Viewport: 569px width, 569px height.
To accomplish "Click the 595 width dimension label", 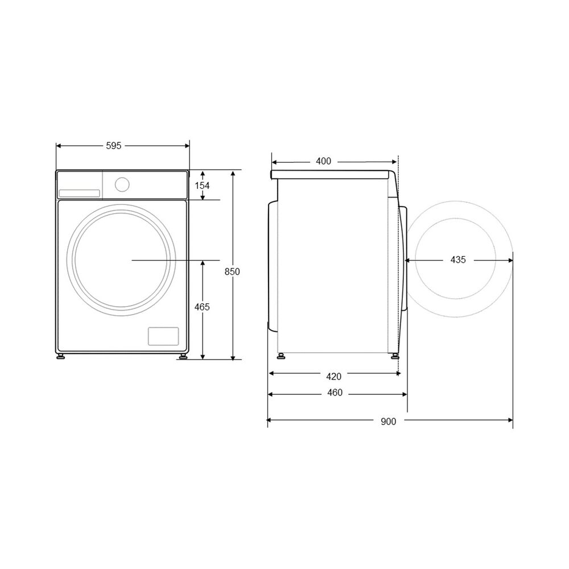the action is click(114, 146).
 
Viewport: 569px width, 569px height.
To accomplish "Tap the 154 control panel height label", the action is click(202, 186).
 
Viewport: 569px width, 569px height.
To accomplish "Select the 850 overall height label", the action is click(232, 271).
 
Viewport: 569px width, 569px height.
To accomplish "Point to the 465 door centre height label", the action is click(202, 307).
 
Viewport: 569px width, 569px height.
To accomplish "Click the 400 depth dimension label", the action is click(323, 161).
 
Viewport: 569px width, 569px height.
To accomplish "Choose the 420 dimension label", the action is click(333, 377).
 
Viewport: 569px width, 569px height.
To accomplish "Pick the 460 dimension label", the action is click(335, 393).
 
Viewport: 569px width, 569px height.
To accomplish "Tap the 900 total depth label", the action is click(388, 422).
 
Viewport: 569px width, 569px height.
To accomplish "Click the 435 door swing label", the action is click(458, 260).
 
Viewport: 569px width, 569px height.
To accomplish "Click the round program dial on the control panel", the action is click(122, 184).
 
